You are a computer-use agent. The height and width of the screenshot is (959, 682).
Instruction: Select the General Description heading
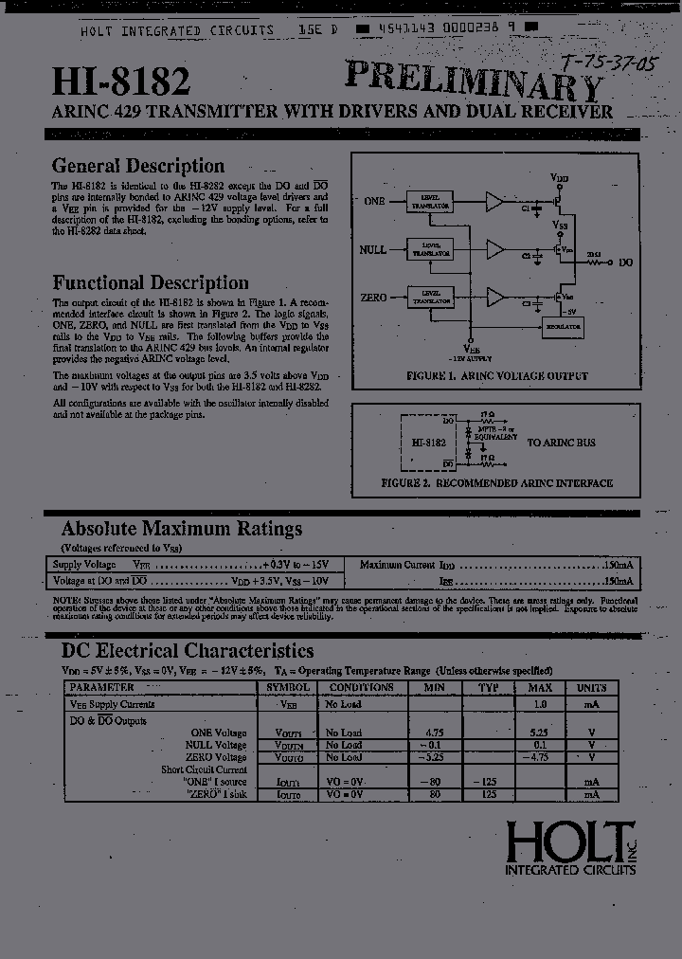click(138, 166)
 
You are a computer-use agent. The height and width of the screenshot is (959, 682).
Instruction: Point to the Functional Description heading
click(151, 282)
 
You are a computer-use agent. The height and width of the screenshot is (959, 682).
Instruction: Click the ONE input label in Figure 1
click(374, 201)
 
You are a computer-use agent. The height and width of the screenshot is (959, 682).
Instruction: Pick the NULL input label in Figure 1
click(373, 249)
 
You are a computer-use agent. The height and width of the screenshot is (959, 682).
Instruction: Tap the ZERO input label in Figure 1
click(374, 298)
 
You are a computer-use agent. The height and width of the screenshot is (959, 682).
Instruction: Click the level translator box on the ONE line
click(430, 201)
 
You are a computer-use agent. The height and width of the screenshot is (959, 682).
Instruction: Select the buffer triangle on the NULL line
click(495, 249)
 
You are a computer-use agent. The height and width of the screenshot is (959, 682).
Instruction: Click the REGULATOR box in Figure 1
click(562, 326)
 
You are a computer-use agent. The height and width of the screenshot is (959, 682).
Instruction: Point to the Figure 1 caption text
click(497, 376)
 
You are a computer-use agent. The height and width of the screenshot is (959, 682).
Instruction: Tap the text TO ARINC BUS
click(562, 443)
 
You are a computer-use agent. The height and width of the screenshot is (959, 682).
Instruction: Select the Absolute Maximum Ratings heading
click(182, 529)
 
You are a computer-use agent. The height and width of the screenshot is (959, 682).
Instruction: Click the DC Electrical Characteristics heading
click(188, 651)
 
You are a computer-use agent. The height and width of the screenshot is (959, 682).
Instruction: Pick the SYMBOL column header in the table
click(288, 687)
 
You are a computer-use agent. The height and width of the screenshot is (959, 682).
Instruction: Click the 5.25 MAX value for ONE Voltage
click(540, 733)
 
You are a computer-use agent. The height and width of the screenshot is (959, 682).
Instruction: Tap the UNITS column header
click(592, 687)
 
